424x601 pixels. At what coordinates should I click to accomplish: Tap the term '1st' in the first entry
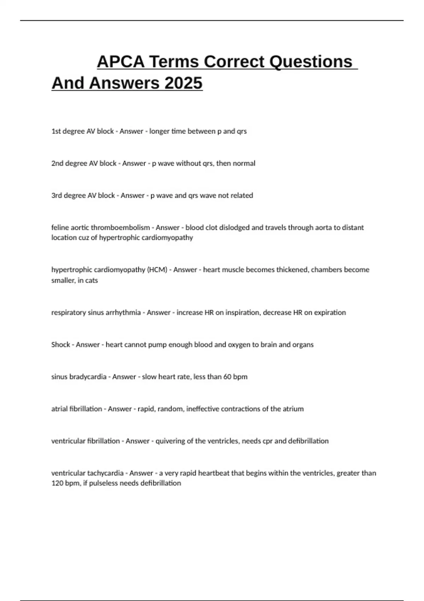tap(56, 131)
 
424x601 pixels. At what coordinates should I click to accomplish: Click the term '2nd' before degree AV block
tap(57, 163)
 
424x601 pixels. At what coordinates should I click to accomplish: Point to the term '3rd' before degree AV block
tap(57, 196)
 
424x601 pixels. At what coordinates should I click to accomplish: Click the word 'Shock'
tap(60, 345)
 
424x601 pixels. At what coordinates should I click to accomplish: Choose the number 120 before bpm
tap(57, 483)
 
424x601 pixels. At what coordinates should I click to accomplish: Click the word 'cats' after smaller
tap(92, 280)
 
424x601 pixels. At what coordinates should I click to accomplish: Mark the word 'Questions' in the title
tap(311, 62)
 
